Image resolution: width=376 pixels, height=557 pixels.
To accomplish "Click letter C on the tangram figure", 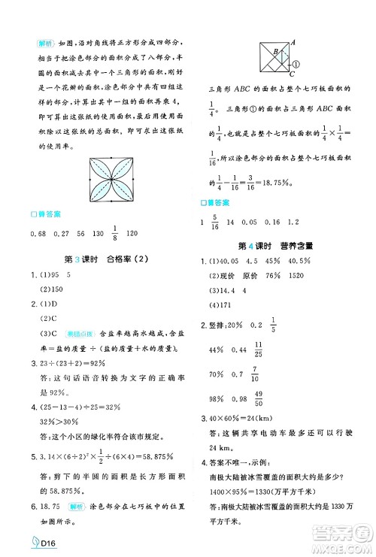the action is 291,76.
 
